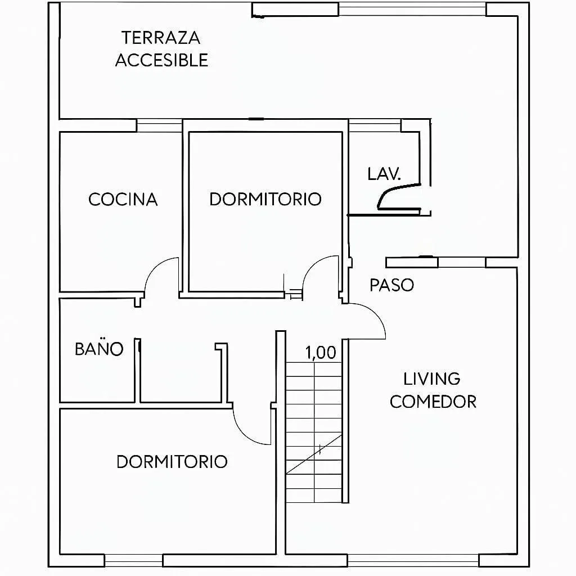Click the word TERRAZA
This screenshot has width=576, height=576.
pyautogui.click(x=161, y=38)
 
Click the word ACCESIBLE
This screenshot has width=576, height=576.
pyautogui.click(x=161, y=60)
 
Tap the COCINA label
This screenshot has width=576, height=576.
pyautogui.click(x=123, y=200)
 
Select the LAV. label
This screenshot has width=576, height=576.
pyautogui.click(x=384, y=174)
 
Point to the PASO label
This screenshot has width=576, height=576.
pyautogui.click(x=391, y=285)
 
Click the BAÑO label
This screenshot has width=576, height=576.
pyautogui.click(x=99, y=348)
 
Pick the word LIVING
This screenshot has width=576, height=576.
pyautogui.click(x=431, y=379)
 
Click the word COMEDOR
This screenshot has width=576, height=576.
pyautogui.click(x=433, y=402)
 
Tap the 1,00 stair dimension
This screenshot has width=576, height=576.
pyautogui.click(x=320, y=353)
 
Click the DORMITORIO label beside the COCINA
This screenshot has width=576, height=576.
pyautogui.click(x=265, y=199)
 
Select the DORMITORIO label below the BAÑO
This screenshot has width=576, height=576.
pyautogui.click(x=172, y=462)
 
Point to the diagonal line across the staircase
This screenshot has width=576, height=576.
pyautogui.click(x=314, y=454)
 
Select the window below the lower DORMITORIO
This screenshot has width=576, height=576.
pyautogui.click(x=133, y=561)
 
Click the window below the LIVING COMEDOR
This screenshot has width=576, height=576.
pyautogui.click(x=413, y=561)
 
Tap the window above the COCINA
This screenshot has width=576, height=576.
pyautogui.click(x=160, y=125)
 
